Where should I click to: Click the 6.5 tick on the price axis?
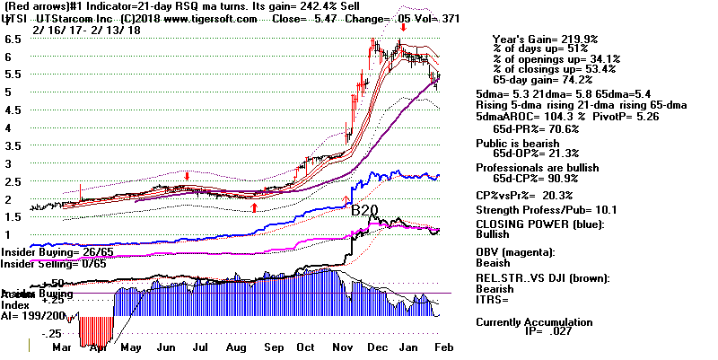coord(12,40)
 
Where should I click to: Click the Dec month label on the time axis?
coord(380,347)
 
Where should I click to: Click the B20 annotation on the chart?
coord(364,211)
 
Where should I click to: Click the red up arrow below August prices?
coord(255,207)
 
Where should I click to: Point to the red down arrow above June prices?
coord(187,176)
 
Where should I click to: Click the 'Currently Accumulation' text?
coord(534,321)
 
